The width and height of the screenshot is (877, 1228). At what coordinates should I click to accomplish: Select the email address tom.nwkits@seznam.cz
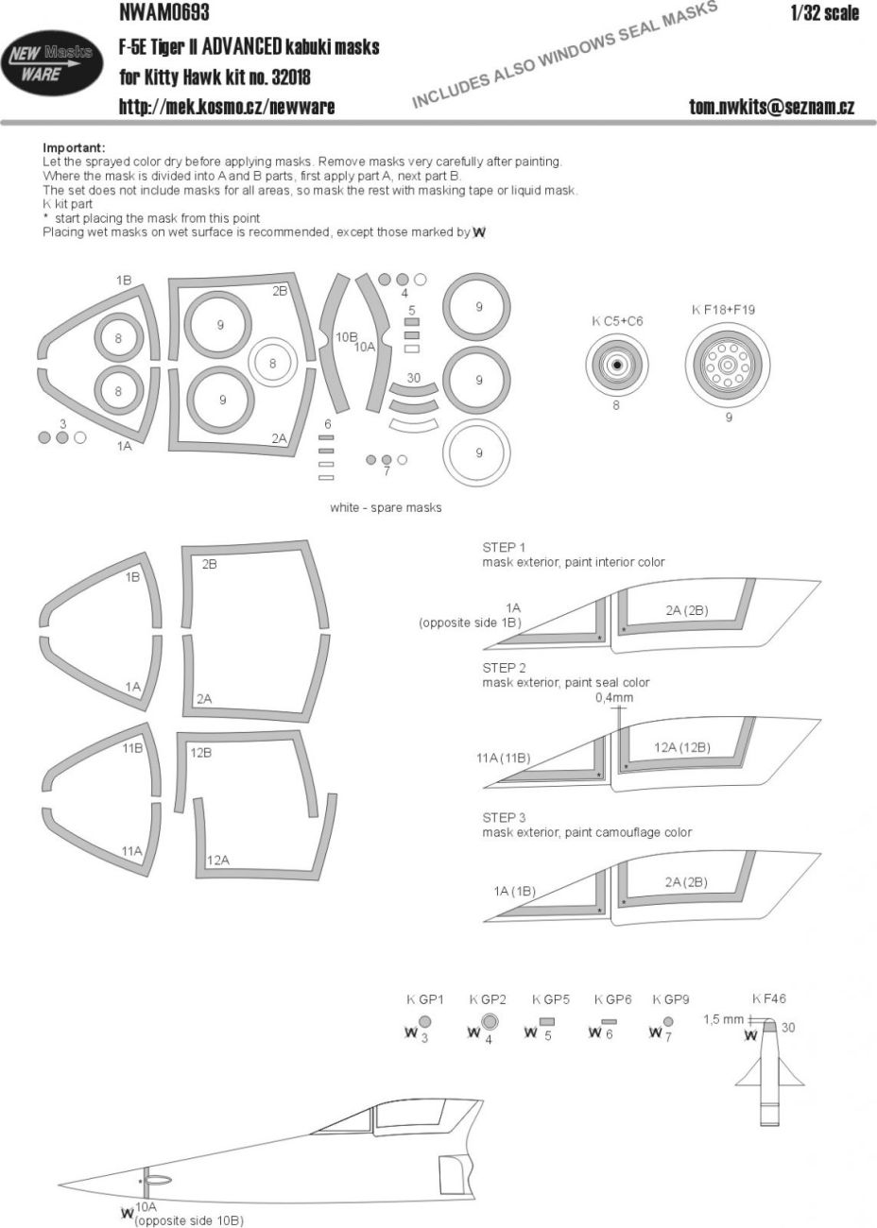point(771,107)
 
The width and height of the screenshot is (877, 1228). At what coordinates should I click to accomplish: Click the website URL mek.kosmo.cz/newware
point(226,107)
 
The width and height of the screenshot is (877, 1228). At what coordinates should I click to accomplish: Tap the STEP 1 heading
point(504,547)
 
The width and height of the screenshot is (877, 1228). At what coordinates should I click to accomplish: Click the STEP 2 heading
point(504,667)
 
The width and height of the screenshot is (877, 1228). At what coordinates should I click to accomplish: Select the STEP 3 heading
point(504,817)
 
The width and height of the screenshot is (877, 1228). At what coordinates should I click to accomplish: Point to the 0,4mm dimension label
point(614,698)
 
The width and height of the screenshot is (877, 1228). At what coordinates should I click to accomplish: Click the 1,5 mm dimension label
point(723,1019)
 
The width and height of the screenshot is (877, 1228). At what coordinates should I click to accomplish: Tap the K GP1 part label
point(424,999)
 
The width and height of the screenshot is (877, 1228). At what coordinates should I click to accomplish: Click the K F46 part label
point(769,999)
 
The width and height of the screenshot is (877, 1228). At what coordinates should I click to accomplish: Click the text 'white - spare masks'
point(386,507)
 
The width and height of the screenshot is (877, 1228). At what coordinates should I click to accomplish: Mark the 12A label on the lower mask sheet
point(218,860)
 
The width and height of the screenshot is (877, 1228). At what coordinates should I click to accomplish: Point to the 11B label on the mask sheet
point(131,747)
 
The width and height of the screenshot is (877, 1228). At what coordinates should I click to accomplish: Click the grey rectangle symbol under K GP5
point(547,1021)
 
